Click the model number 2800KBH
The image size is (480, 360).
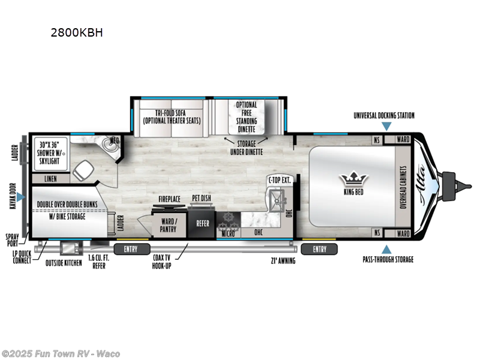click(x=77, y=32)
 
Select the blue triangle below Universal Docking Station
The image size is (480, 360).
click(x=387, y=126)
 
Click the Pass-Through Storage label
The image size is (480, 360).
click(x=387, y=259)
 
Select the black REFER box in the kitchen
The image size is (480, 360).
click(x=202, y=223)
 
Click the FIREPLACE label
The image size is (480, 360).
click(x=170, y=198)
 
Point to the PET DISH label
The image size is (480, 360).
click(x=200, y=198)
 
